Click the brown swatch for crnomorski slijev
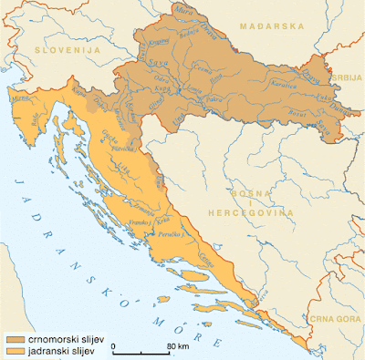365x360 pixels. [14, 339]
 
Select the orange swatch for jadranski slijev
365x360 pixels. [14, 350]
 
